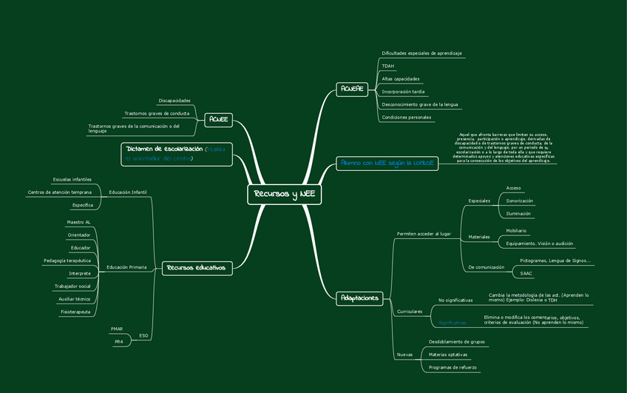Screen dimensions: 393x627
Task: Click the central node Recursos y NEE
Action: [285, 194]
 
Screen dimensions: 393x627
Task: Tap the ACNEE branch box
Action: [218, 119]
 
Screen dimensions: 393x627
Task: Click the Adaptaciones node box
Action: [360, 298]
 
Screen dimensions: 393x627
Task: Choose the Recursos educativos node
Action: [196, 267]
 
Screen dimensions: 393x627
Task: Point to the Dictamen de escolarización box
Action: [177, 154]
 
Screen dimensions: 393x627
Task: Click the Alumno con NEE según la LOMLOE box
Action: [386, 162]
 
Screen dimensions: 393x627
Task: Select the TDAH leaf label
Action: [388, 66]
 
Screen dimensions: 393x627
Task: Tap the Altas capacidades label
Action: [400, 78]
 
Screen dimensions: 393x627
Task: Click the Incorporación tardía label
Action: [403, 92]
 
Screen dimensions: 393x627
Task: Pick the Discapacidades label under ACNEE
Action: [174, 101]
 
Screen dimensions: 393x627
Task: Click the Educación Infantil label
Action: [128, 192]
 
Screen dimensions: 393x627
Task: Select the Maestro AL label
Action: [78, 222]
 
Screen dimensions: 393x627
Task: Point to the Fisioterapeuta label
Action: [75, 312]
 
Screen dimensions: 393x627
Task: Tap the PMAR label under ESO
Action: [117, 328]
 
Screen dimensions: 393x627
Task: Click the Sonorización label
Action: [519, 201]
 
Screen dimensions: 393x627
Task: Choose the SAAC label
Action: [526, 273]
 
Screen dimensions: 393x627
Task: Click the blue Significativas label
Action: [453, 323]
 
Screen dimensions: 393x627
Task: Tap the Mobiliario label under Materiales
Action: [517, 231]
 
